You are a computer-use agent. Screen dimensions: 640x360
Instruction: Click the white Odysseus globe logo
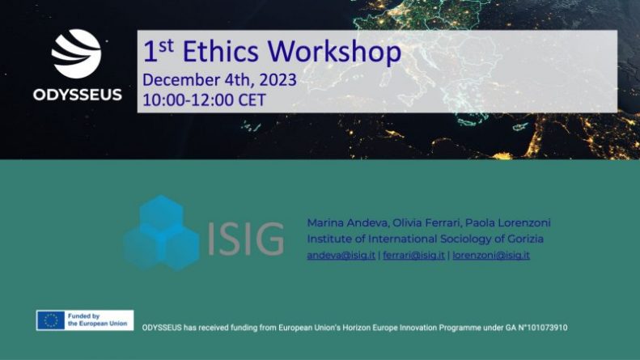pyautogui.click(x=76, y=53)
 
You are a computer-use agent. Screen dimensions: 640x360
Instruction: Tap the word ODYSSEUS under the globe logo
pyautogui.click(x=78, y=95)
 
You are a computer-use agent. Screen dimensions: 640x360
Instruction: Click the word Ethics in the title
pyautogui.click(x=220, y=52)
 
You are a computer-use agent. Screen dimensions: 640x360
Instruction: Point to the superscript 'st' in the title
pyautogui.click(x=166, y=46)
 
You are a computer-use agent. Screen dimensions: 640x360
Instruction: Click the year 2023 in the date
pyautogui.click(x=278, y=79)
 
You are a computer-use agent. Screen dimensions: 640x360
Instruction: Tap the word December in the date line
pyautogui.click(x=181, y=79)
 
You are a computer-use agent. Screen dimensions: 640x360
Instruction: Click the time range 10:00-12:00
pyautogui.click(x=189, y=100)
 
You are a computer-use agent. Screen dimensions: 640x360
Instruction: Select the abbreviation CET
pyautogui.click(x=252, y=100)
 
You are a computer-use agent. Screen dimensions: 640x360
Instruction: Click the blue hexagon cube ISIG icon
pyautogui.click(x=161, y=233)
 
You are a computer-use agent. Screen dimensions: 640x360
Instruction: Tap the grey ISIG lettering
pyautogui.click(x=246, y=239)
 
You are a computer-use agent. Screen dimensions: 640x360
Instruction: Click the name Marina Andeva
pyautogui.click(x=348, y=222)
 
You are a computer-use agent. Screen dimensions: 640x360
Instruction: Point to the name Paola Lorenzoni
pyautogui.click(x=508, y=222)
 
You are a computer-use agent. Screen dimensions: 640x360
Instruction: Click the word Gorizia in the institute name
pyautogui.click(x=525, y=239)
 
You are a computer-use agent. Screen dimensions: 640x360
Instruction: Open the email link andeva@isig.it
pyautogui.click(x=341, y=255)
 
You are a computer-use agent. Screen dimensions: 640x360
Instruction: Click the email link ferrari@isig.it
pyautogui.click(x=413, y=255)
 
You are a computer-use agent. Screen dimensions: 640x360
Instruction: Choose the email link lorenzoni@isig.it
pyautogui.click(x=491, y=255)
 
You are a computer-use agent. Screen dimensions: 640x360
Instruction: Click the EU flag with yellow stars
pyautogui.click(x=51, y=320)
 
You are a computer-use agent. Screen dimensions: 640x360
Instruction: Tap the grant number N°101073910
pyautogui.click(x=542, y=328)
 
